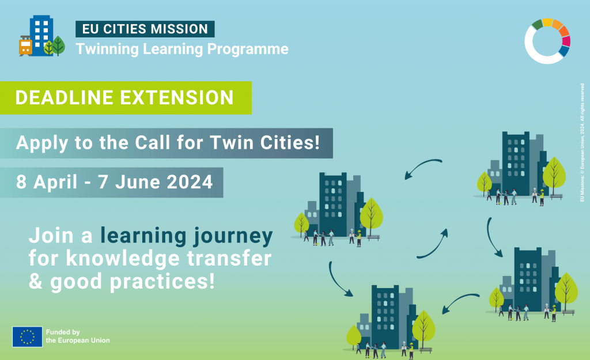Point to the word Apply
38,143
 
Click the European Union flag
27,336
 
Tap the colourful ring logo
547,40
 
